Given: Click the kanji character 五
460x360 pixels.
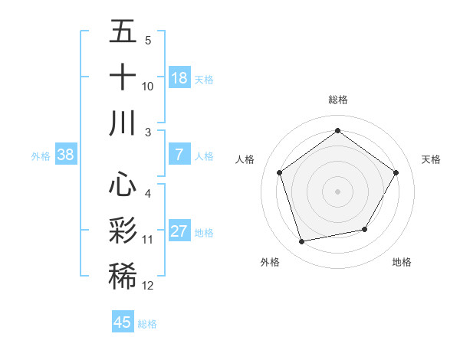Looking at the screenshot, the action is [123, 32].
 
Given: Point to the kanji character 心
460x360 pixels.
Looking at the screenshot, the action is [123, 185].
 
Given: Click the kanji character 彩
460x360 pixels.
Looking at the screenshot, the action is [123, 230].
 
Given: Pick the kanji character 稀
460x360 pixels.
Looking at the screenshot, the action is [123, 275].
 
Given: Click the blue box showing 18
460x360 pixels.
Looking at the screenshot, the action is [179, 77].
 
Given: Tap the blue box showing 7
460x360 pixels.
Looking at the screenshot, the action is [179, 155].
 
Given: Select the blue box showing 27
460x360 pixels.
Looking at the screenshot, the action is [179, 231].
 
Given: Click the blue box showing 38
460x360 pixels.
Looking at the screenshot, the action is [65, 155].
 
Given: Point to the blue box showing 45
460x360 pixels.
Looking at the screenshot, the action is [123, 322].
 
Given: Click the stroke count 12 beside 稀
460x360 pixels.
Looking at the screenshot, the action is [148, 286].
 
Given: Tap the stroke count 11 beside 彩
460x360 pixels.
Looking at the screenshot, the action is [148, 240].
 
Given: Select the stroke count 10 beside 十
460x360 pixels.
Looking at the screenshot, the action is [148, 87].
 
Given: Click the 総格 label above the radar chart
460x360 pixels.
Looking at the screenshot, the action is [337, 100].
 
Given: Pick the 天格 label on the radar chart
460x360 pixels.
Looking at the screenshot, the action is [431, 159].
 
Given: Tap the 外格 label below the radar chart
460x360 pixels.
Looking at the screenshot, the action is [270, 262].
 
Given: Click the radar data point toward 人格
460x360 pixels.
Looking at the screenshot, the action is [280, 172].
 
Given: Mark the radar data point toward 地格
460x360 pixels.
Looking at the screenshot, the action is [365, 229].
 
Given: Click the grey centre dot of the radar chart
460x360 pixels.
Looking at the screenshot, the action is [337, 191].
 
